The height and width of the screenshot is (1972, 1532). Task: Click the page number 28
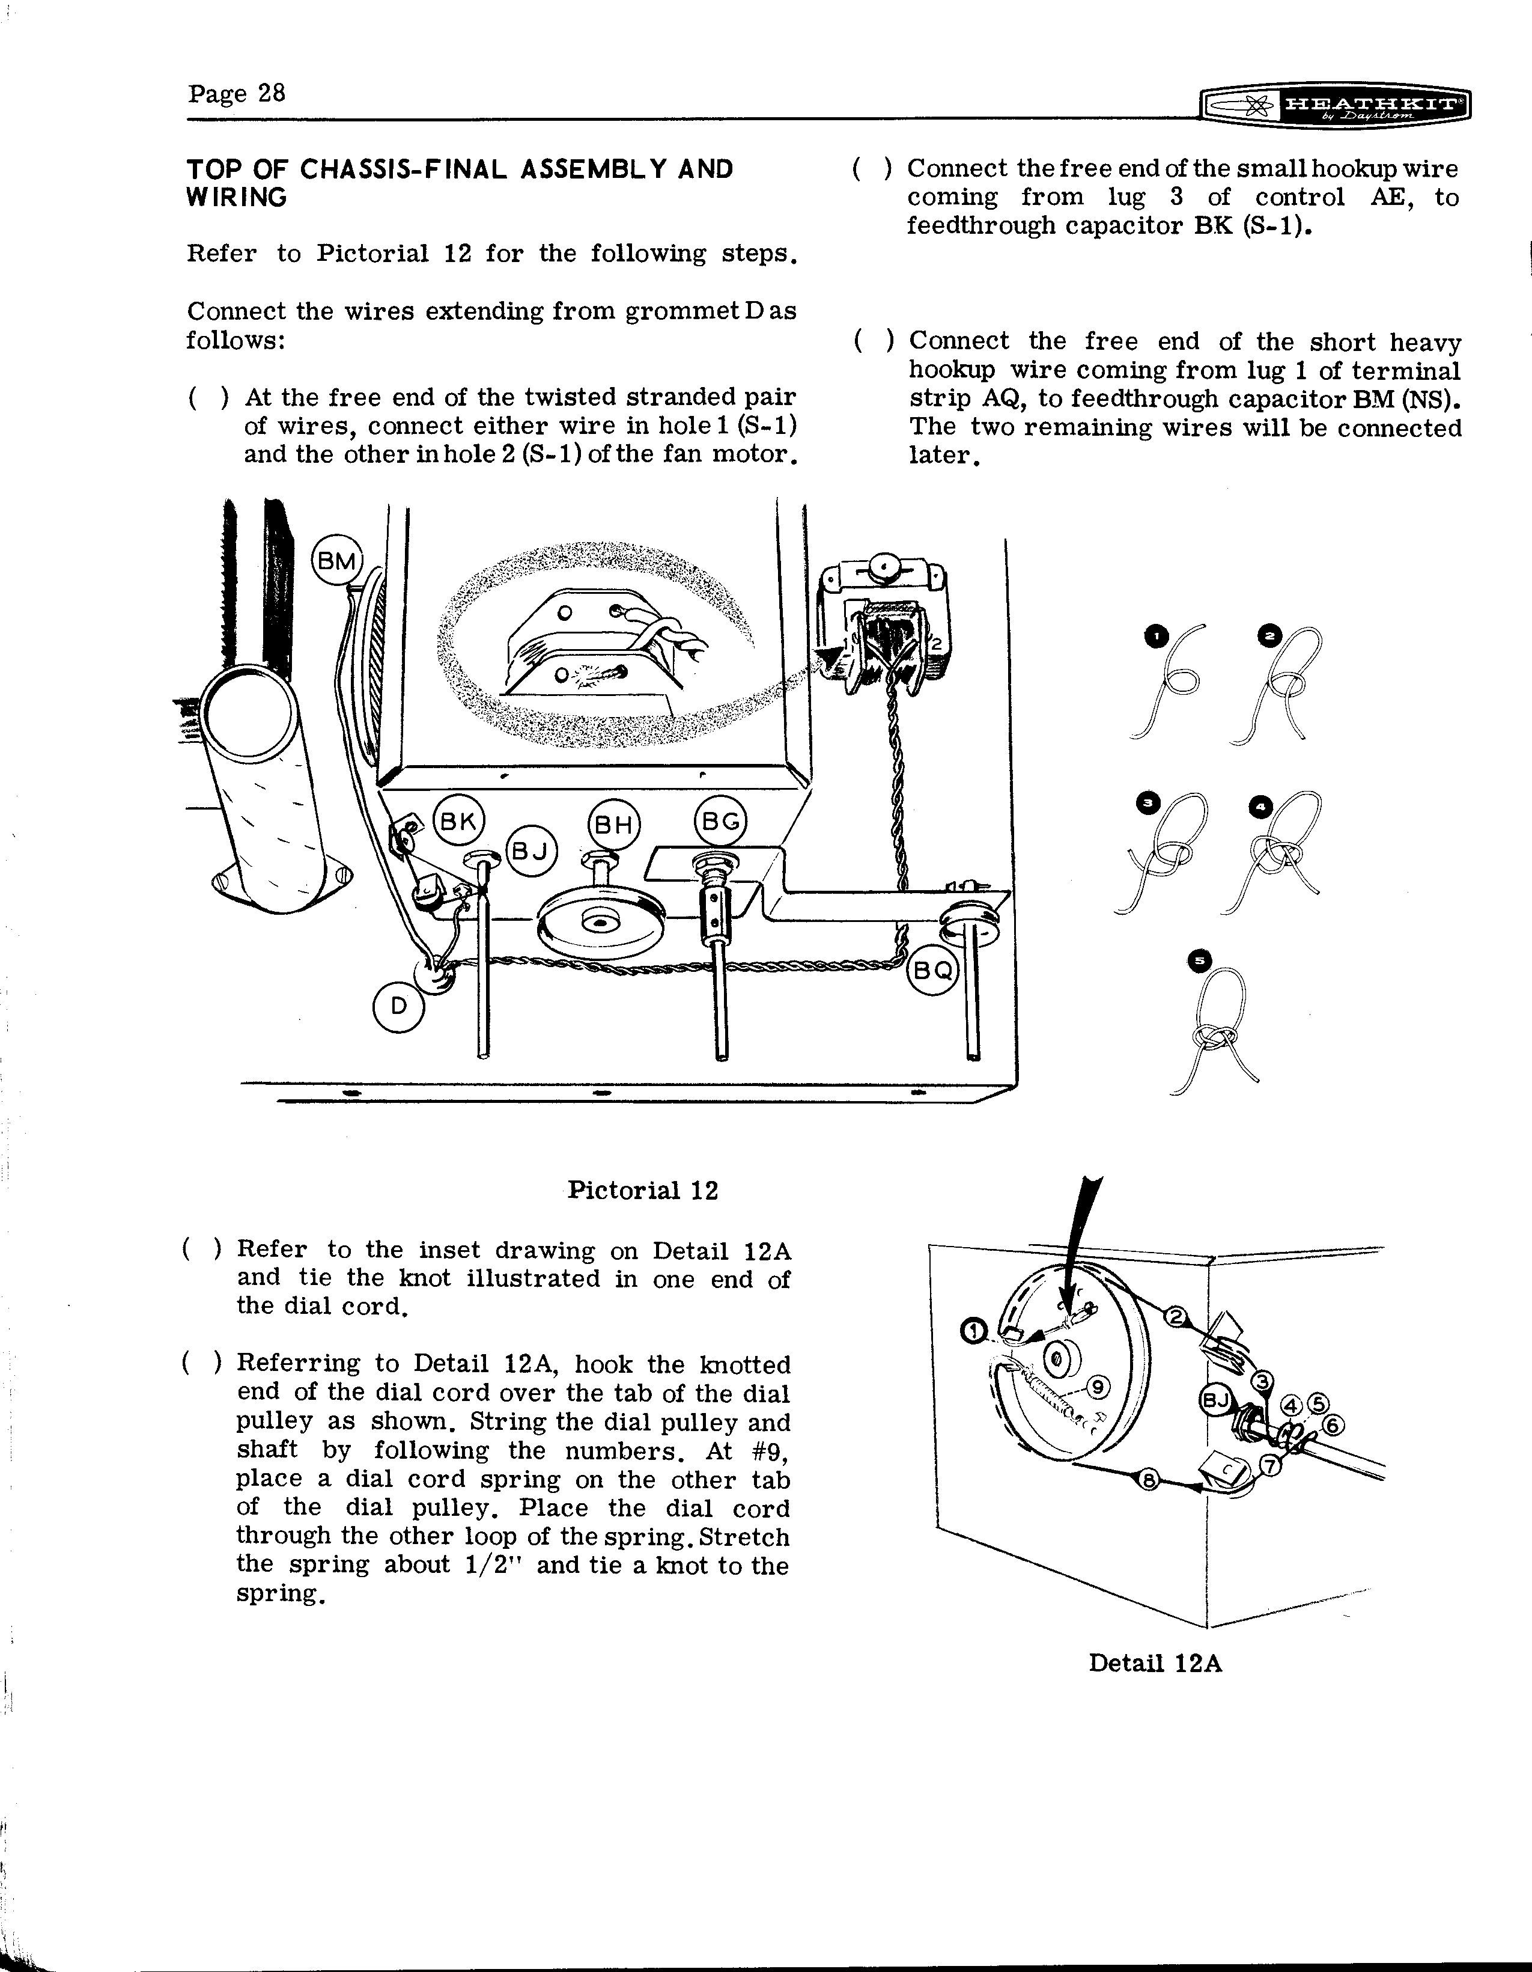click(x=271, y=93)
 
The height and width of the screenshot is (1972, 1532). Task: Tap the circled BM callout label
click(x=336, y=561)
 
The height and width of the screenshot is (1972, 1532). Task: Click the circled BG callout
click(x=720, y=822)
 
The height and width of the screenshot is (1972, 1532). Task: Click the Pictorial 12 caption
click(x=643, y=1190)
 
